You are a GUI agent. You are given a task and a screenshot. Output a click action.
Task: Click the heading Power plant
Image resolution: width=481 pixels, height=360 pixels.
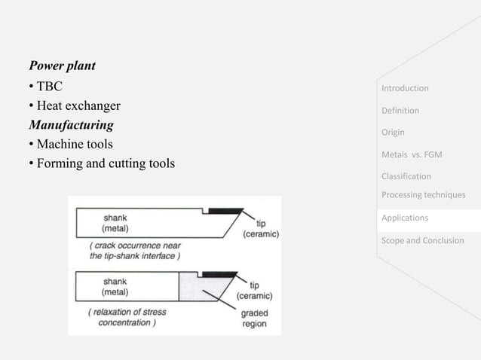pyautogui.click(x=62, y=66)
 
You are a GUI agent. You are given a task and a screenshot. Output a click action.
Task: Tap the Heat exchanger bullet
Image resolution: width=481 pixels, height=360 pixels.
pyautogui.click(x=74, y=105)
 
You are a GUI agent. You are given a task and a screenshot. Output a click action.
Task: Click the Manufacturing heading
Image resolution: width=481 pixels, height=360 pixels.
pyautogui.click(x=70, y=124)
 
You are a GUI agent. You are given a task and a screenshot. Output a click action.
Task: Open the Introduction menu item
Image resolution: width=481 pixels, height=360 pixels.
pyautogui.click(x=405, y=88)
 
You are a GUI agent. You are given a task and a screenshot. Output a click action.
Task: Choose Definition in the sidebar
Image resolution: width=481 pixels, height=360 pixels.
pyautogui.click(x=400, y=111)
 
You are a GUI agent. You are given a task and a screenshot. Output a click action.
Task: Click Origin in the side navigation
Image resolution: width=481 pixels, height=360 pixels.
pyautogui.click(x=393, y=133)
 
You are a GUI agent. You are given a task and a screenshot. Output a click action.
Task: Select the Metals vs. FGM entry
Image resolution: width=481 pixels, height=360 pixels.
pyautogui.click(x=412, y=155)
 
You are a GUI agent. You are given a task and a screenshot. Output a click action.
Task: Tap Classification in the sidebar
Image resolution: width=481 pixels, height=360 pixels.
pyautogui.click(x=406, y=177)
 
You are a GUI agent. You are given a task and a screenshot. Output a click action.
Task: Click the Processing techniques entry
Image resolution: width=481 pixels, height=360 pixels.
pyautogui.click(x=423, y=195)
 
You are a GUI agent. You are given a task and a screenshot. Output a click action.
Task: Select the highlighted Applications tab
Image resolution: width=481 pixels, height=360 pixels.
pyautogui.click(x=405, y=218)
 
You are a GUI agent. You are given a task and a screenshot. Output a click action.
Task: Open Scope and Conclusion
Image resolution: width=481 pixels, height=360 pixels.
pyautogui.click(x=422, y=241)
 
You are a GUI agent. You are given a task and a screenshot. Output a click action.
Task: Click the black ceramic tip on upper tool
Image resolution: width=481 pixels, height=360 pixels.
pyautogui.click(x=225, y=209)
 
